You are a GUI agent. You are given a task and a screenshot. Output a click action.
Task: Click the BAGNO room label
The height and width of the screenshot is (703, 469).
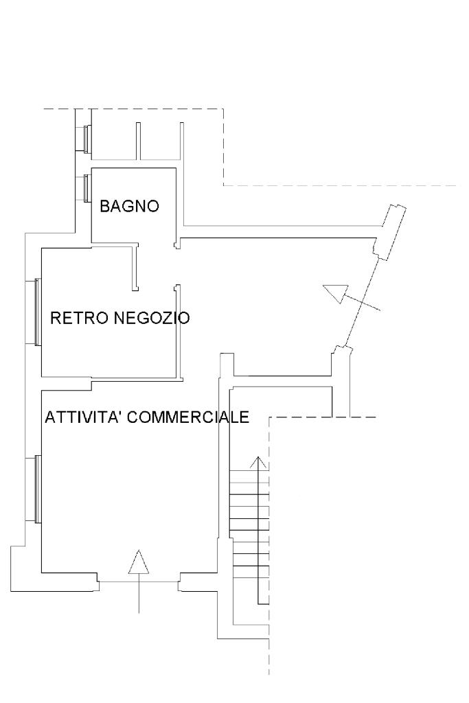pos(130,206)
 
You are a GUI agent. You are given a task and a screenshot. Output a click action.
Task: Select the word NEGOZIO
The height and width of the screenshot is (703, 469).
pos(151,318)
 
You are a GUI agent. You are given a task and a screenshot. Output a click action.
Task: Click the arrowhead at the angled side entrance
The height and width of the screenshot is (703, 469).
pos(335,295)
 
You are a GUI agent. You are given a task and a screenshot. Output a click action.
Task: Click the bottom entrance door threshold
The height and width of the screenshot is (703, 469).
pos(139,581)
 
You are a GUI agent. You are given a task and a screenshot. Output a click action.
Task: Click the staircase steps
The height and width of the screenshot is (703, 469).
pos(248,529)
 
